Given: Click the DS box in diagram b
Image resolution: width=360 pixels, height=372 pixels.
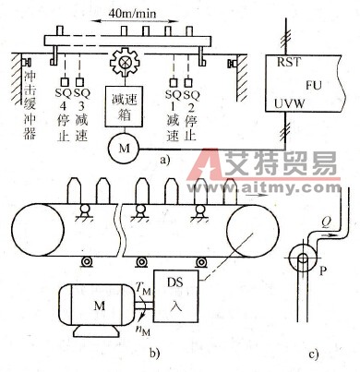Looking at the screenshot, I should coord(183,287).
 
